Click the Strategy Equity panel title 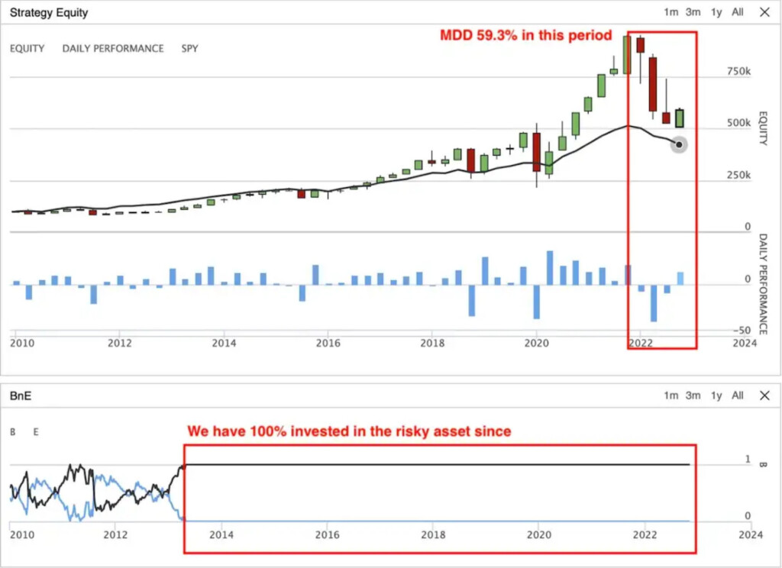48,12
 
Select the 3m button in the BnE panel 693,395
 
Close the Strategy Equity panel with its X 764,12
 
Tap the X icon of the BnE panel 764,395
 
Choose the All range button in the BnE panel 737,395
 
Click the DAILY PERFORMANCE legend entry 113,48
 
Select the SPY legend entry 189,48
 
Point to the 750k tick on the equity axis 738,71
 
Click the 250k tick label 738,176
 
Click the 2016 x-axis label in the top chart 328,344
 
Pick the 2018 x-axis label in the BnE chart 433,534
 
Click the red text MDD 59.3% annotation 526,35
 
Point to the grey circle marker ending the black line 679,144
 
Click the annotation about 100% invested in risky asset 349,431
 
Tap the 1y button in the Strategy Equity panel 716,12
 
